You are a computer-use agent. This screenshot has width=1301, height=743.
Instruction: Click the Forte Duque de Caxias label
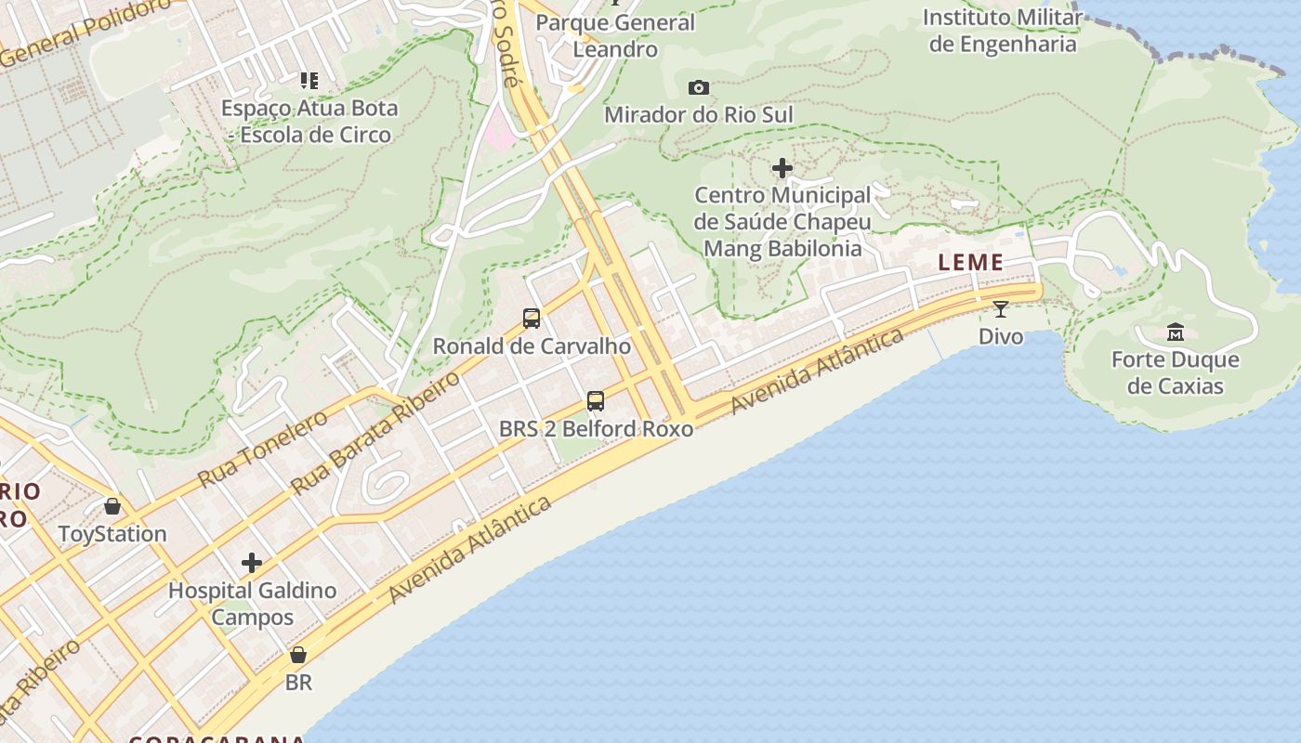pos(1175,372)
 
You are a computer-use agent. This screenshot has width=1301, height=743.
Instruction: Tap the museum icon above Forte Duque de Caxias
pos(1175,332)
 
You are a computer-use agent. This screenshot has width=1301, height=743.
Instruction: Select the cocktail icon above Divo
pos(1000,308)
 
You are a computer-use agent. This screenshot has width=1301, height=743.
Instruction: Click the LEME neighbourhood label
pos(970,262)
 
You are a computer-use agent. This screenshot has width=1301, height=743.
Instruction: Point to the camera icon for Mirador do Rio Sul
pos(699,88)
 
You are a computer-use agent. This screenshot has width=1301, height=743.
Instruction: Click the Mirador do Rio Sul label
pos(699,114)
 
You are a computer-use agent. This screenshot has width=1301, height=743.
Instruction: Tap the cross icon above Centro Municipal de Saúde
pos(782,168)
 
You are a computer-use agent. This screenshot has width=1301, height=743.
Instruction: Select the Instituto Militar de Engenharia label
pos(1002,31)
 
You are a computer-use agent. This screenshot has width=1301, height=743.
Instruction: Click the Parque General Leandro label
pos(615,35)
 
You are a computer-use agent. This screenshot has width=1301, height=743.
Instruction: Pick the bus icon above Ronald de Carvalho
pos(532,319)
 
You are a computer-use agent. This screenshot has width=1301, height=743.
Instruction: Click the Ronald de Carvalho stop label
pos(532,346)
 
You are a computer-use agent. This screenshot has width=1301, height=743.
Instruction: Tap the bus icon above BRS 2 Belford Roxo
pos(596,401)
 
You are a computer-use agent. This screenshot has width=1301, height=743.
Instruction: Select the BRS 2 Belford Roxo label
pos(596,429)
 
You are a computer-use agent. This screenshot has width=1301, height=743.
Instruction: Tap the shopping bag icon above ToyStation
pos(112,506)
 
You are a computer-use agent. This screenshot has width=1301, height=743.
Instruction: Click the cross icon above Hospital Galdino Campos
pos(251,562)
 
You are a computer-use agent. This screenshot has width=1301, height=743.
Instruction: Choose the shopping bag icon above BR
pos(298,655)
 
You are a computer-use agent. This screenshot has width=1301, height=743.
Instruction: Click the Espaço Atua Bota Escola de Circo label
pos(309,121)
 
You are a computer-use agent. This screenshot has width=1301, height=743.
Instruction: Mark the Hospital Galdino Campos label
pos(252,604)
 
